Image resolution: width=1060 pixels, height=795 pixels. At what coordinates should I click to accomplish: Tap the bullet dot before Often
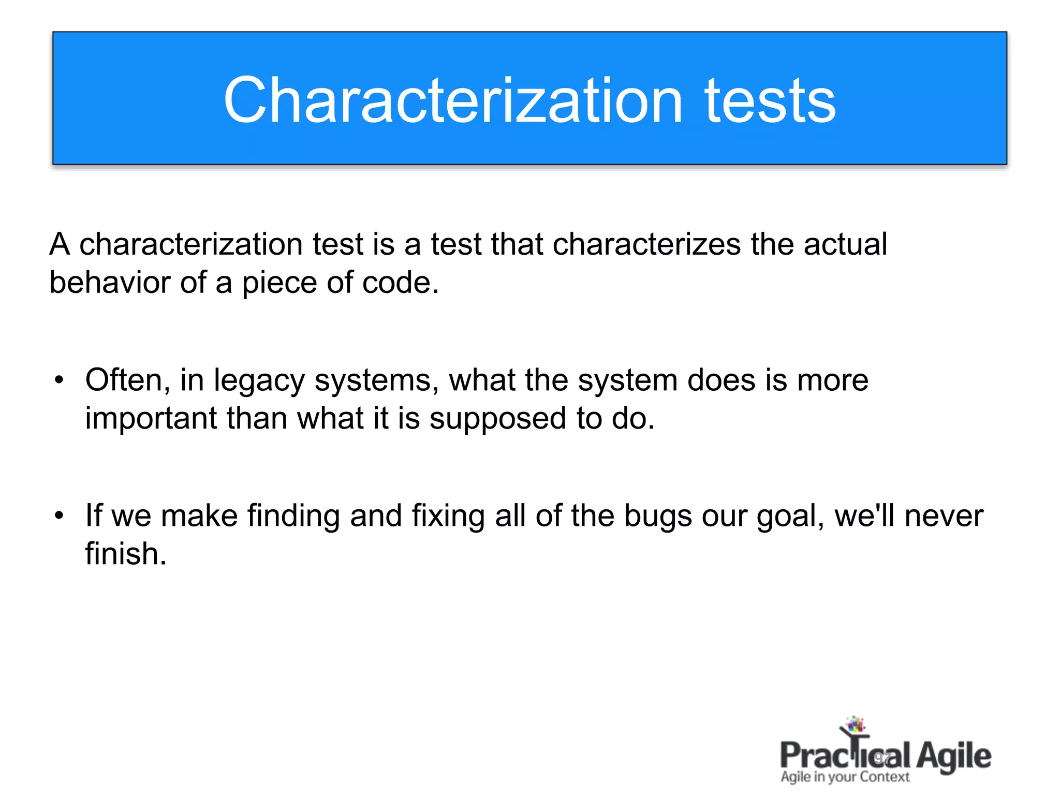[x=60, y=381]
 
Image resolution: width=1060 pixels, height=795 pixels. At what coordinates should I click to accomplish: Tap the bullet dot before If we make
[x=60, y=517]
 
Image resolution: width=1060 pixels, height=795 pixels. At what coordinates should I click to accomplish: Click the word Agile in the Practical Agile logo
[x=953, y=757]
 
